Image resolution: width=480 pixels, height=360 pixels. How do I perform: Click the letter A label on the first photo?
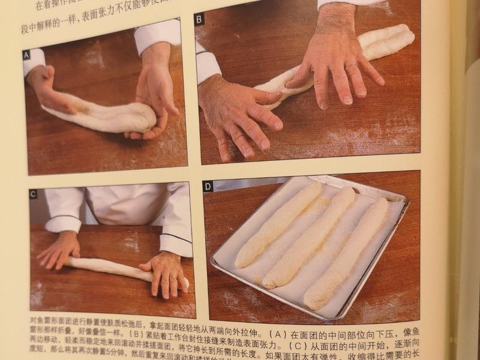click(x=26, y=55)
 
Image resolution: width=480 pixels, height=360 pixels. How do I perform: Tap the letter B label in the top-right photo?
click(x=199, y=19)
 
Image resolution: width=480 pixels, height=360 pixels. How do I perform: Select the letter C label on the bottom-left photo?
click(x=33, y=193)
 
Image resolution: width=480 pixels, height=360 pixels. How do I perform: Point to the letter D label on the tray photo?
click(x=208, y=186)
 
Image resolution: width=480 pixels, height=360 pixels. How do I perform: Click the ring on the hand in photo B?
click(x=349, y=67)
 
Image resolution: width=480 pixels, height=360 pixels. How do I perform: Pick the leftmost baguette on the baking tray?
click(x=277, y=225)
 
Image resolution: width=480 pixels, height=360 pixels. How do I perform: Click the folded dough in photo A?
click(x=105, y=116)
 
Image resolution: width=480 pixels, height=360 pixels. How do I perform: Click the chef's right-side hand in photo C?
click(x=165, y=273)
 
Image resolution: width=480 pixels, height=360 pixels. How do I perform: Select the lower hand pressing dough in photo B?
click(x=240, y=114)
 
